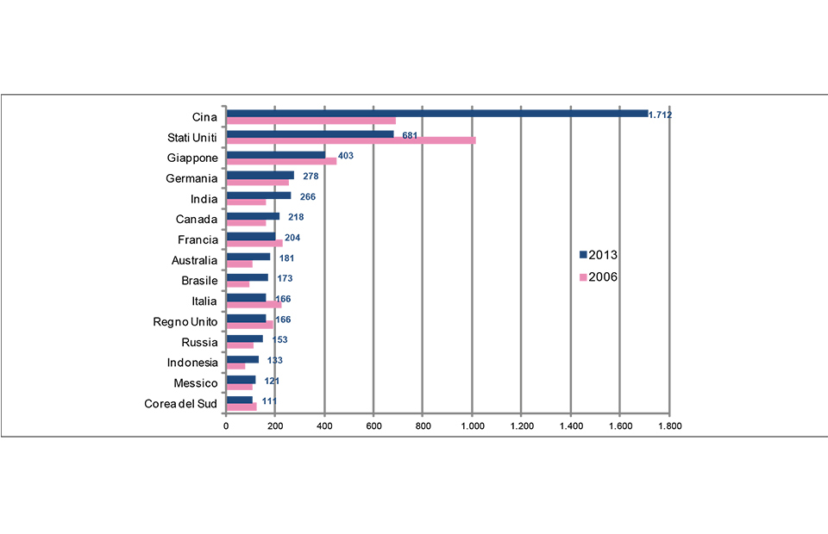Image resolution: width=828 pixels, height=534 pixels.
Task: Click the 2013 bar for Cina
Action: click(x=436, y=113)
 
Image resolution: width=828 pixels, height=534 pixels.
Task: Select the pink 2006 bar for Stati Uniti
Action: click(x=350, y=140)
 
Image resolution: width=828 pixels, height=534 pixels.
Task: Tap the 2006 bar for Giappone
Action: click(x=281, y=161)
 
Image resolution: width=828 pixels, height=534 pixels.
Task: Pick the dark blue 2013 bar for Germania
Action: click(x=260, y=175)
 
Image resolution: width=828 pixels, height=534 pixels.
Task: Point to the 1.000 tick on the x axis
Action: click(x=472, y=425)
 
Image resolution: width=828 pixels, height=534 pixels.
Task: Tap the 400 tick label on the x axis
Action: click(x=324, y=425)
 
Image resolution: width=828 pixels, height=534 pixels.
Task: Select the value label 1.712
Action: click(x=660, y=115)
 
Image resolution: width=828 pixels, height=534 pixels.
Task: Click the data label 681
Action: click(x=411, y=135)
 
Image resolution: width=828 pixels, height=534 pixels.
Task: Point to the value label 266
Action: click(x=306, y=196)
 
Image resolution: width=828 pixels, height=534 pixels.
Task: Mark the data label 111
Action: click(x=269, y=401)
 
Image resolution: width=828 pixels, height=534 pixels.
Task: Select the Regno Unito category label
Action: click(x=185, y=322)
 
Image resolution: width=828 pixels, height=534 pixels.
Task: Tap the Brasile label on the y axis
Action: click(x=199, y=281)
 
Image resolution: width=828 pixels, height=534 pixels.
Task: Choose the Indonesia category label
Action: click(x=192, y=363)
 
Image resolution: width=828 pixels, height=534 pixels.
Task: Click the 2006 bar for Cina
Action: click(x=310, y=121)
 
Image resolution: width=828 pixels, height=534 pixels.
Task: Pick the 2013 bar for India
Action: click(x=258, y=196)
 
